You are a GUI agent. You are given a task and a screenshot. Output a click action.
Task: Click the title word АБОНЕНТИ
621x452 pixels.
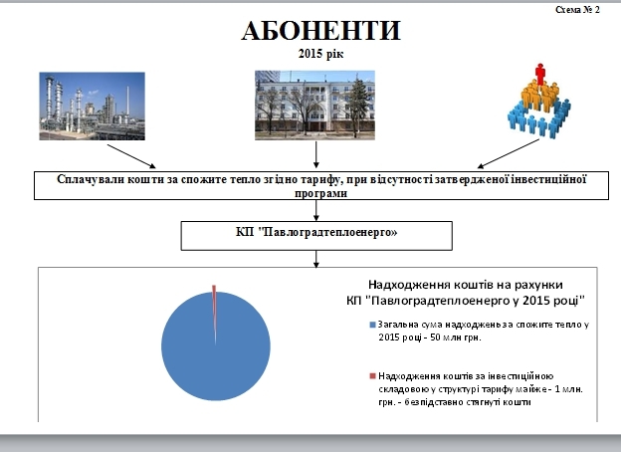(x=320, y=31)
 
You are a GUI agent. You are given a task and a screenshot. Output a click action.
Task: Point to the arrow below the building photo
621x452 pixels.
(x=317, y=155)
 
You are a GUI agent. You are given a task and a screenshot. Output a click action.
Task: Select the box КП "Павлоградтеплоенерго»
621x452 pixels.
(x=316, y=235)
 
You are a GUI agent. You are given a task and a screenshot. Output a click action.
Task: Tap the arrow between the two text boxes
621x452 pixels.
(x=316, y=210)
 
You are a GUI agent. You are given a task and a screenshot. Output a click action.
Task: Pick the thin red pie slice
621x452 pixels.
(x=214, y=290)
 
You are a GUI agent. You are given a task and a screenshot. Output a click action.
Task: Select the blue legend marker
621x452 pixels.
(x=373, y=326)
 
